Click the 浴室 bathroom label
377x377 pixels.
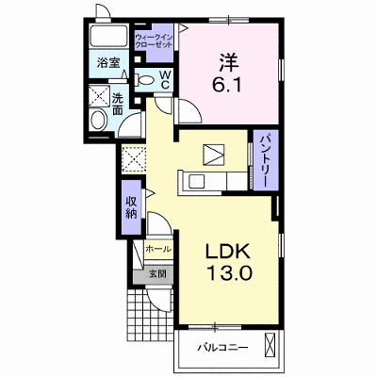(x=108, y=63)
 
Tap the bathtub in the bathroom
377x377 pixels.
(x=108, y=36)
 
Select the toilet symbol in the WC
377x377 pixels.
(x=143, y=80)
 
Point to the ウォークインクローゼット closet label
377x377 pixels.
(x=154, y=41)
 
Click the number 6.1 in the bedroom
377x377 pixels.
(x=227, y=85)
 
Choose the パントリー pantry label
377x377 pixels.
(x=266, y=160)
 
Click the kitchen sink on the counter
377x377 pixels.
(x=194, y=182)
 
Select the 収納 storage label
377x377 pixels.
(x=132, y=207)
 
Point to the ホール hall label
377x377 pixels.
(x=158, y=250)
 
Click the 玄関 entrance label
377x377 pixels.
(x=156, y=273)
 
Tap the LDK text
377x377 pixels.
(x=228, y=251)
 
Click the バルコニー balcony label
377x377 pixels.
(x=222, y=348)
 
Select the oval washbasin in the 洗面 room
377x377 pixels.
(x=98, y=119)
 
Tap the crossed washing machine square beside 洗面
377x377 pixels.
(x=99, y=95)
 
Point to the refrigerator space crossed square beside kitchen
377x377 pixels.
(x=134, y=159)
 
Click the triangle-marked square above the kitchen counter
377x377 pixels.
(x=214, y=155)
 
